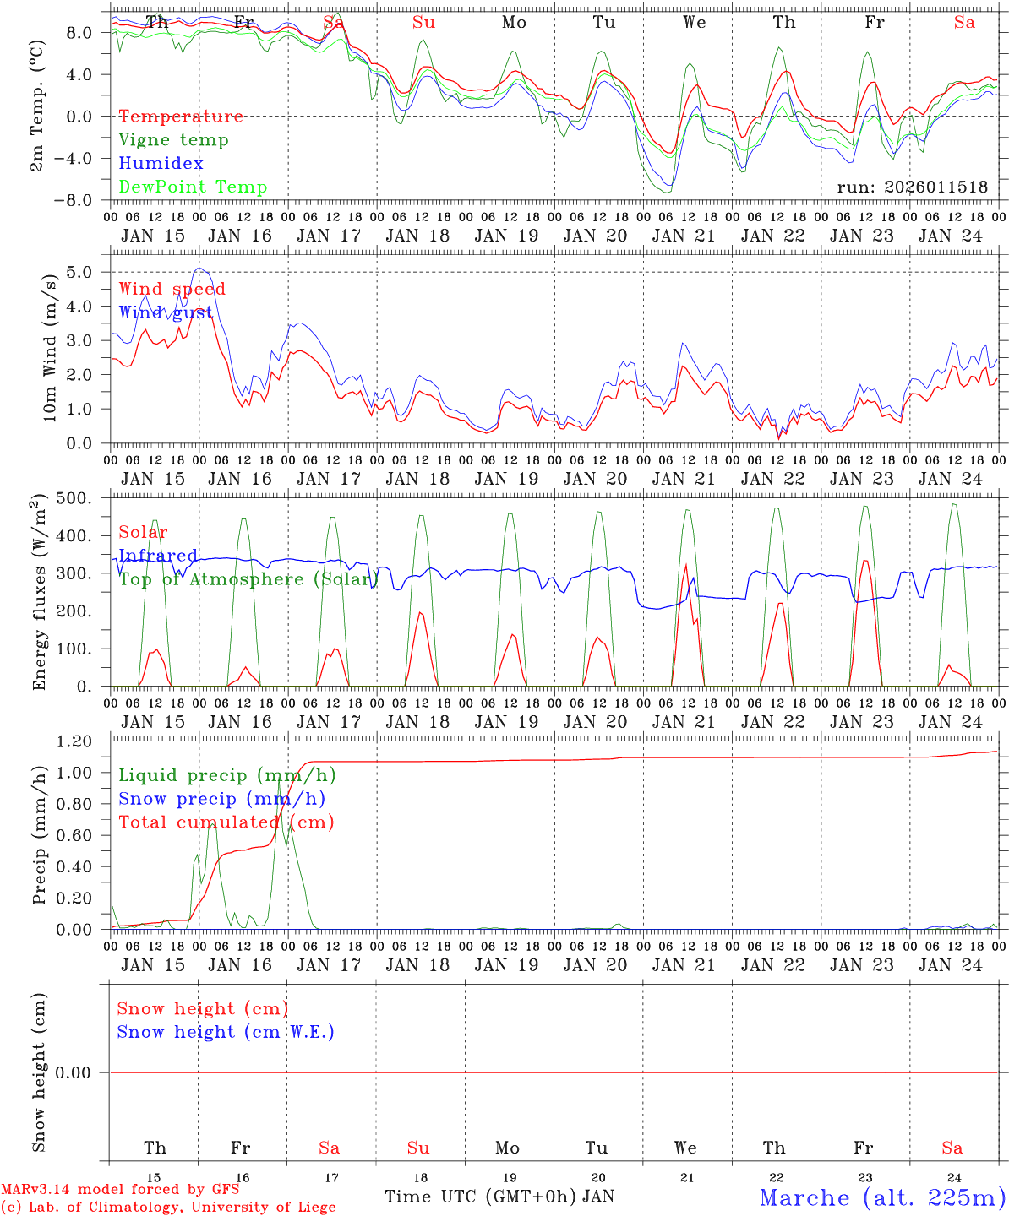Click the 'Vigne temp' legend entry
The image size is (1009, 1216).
coord(173,140)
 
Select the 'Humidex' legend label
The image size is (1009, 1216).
coord(161,164)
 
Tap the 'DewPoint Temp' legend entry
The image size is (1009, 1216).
coord(193,187)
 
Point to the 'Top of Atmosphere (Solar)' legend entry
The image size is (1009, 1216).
coord(248,579)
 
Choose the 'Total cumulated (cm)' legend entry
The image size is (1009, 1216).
coord(226,822)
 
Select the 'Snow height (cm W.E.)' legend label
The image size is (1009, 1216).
coord(226,1032)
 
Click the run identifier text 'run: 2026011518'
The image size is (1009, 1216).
coord(912,187)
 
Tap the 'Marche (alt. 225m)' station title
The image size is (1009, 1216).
coord(882,1197)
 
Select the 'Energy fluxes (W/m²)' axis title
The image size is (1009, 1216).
coord(39,594)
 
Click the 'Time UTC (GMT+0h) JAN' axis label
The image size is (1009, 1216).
coord(499,1197)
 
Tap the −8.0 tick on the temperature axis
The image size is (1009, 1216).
coord(85,201)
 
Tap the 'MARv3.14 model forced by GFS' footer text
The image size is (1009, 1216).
coord(120,1190)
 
